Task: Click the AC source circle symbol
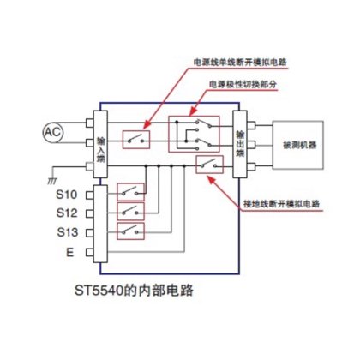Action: click(x=52, y=131)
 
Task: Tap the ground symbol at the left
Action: click(x=65, y=181)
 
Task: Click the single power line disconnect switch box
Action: click(x=136, y=137)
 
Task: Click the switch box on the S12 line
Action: click(x=130, y=210)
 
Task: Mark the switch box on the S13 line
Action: click(x=130, y=231)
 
